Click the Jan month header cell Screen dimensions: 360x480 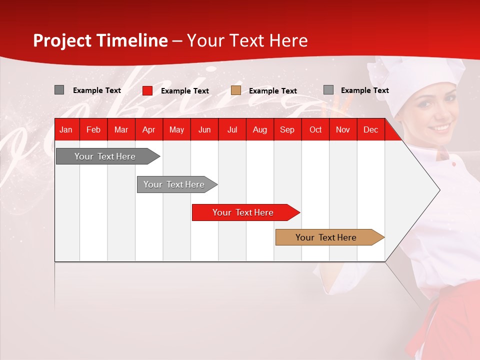[x=66, y=129]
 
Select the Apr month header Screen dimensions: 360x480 [x=149, y=129]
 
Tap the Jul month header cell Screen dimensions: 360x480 [x=232, y=129]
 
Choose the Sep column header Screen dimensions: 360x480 [x=287, y=129]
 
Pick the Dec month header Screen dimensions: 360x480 [x=370, y=129]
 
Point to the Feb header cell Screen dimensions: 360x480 [x=93, y=129]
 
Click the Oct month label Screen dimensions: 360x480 [x=315, y=129]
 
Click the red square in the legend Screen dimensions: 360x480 [x=147, y=90]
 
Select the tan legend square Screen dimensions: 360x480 [x=236, y=90]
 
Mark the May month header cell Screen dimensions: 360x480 [x=176, y=129]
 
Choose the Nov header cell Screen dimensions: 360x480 [x=343, y=129]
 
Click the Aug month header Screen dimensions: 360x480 [x=260, y=129]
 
